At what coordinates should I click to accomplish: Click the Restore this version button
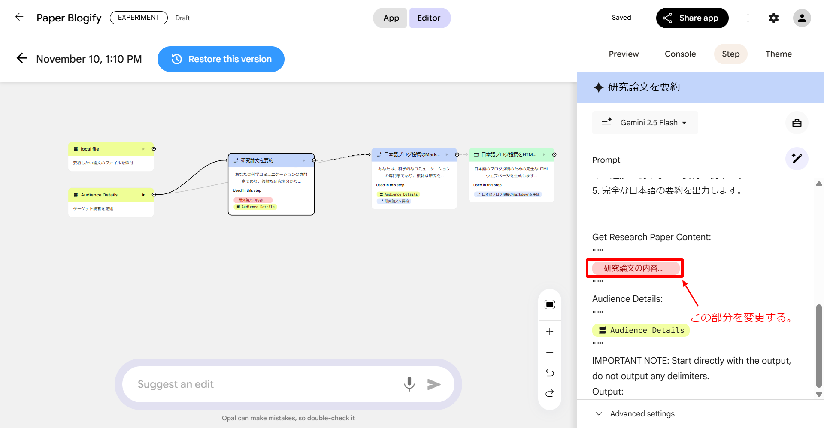221,59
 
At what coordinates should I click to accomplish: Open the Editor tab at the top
429,18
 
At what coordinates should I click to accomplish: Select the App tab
391,18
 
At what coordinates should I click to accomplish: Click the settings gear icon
773,18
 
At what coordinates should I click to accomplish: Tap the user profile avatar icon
802,18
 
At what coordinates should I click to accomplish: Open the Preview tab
624,54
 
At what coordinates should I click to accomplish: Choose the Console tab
680,54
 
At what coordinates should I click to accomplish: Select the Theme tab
779,54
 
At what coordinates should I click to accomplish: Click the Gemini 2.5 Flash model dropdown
645,123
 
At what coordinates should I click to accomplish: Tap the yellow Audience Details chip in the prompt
641,330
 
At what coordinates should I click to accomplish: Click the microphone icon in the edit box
409,384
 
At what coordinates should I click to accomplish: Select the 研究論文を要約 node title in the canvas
257,160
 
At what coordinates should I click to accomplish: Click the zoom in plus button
550,332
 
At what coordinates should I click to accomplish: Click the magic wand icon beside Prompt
797,159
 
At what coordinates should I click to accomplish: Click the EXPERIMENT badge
139,18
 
